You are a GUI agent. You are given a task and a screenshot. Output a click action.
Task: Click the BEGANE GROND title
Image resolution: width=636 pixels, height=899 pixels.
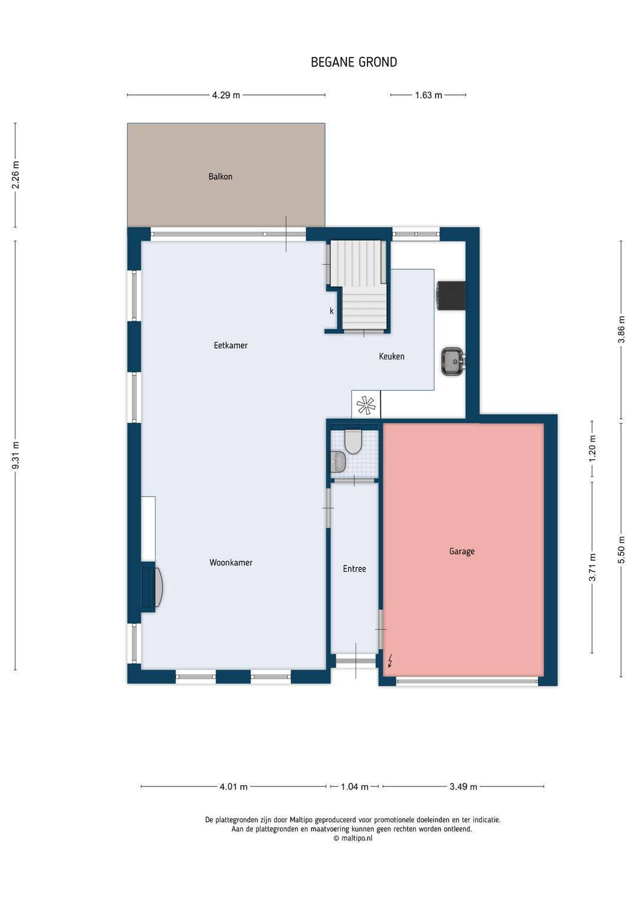(354, 62)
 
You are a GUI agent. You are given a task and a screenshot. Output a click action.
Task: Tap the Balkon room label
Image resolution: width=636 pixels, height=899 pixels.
(220, 176)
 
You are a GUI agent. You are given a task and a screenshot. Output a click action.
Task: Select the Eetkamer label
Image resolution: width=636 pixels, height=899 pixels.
(231, 345)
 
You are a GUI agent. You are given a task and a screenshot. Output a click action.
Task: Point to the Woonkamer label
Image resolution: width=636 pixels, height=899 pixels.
(231, 562)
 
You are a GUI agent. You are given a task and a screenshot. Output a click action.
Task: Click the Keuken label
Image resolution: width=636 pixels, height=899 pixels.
(392, 356)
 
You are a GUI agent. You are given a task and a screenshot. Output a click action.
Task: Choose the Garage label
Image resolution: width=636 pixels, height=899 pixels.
(462, 551)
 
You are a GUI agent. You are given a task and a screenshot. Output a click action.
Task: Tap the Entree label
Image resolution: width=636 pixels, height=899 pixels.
(355, 569)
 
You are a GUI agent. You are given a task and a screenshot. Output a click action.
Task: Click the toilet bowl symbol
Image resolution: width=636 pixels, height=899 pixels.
(353, 441)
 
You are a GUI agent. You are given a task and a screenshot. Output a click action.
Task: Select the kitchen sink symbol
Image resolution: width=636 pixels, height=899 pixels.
(453, 361)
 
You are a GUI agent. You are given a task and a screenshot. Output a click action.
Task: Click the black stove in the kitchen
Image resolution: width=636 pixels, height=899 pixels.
(452, 295)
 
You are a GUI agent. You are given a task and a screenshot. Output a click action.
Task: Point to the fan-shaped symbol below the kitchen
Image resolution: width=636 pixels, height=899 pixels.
(366, 405)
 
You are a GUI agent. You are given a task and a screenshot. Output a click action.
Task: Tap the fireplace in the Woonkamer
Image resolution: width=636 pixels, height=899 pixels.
(153, 586)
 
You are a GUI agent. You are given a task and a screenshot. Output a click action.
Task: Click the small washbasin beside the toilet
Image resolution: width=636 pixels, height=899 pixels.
(337, 461)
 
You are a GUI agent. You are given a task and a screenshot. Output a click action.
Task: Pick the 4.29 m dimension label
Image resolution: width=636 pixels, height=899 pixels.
(226, 95)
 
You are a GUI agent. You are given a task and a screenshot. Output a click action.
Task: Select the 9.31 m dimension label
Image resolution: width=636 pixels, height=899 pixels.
(15, 455)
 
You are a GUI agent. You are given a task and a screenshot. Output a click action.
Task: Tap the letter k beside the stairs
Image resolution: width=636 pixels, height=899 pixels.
(332, 310)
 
